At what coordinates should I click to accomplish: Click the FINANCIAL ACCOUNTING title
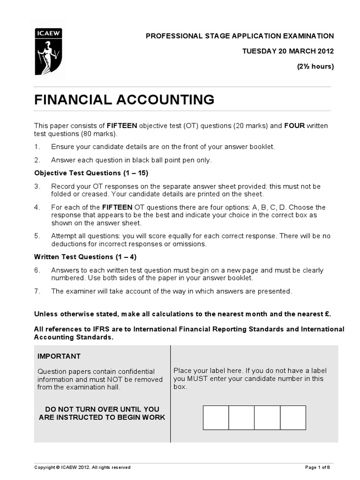tap(124, 100)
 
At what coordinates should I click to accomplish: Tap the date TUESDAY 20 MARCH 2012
tap(290, 51)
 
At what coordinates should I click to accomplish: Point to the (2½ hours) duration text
tap(315, 66)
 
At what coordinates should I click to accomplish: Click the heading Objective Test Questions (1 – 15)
tap(91, 173)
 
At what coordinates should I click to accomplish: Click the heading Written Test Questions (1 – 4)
tap(85, 257)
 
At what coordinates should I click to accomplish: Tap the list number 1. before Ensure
tap(37, 147)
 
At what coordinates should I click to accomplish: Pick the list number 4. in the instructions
tap(37, 207)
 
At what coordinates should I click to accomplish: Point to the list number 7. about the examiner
tap(37, 291)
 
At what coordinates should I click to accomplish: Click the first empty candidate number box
tap(216, 418)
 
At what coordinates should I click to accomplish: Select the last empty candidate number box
tap(293, 418)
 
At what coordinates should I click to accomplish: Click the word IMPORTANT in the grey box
tap(59, 356)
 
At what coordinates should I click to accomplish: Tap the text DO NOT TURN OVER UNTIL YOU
tap(102, 409)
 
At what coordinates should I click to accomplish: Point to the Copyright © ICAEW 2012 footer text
tap(82, 467)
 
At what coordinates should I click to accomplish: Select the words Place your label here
tap(203, 371)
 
